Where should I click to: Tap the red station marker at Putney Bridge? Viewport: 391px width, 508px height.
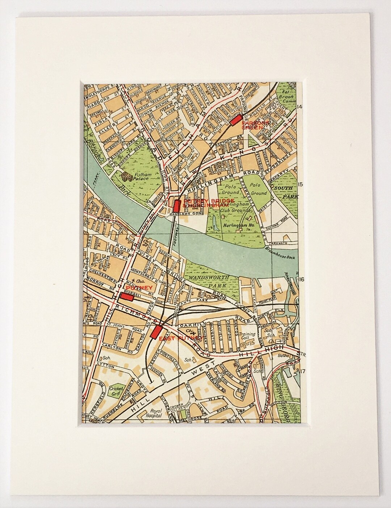[177, 206]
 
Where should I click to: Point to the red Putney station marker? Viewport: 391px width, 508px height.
[126, 296]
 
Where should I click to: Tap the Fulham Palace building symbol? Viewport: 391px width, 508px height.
[127, 177]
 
